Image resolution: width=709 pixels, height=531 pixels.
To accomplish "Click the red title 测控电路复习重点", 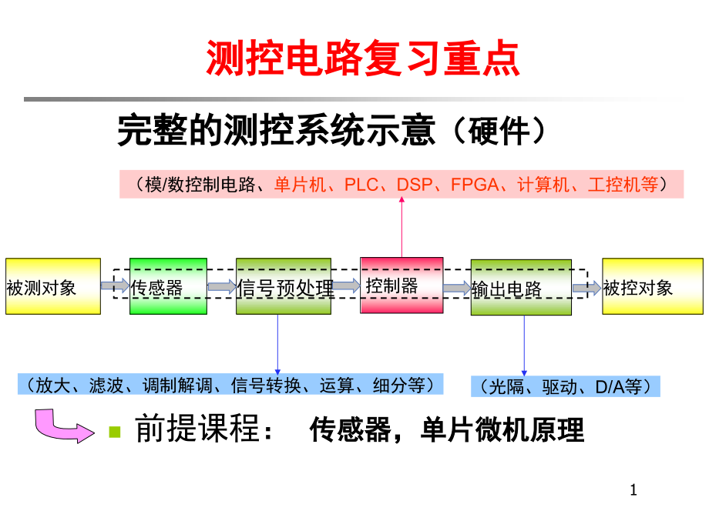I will pos(362,59).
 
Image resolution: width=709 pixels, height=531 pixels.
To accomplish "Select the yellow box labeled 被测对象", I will pos(53,286).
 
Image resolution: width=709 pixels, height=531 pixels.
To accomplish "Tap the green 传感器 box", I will pos(168,286).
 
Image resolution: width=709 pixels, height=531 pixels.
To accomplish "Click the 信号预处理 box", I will pos(284,286).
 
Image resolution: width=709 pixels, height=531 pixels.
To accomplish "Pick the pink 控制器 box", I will pos(402,286).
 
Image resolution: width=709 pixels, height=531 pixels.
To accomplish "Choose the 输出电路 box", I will pos(521,287).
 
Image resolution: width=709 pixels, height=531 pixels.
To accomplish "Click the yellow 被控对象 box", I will pos(652,286).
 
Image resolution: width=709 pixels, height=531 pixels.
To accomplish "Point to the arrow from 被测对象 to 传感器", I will pos(115,286).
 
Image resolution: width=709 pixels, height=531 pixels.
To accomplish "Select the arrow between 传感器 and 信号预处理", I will pos(222,286).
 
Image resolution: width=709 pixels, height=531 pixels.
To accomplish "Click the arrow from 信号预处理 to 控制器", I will pos(346,286).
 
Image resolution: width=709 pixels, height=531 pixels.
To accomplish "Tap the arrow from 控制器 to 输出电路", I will pos(457,288).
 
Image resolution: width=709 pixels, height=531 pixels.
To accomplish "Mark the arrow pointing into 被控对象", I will pos(586,287).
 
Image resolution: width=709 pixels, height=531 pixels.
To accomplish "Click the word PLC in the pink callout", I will pos(361,185).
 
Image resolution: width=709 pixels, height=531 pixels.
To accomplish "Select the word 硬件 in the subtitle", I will pos(500,131).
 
